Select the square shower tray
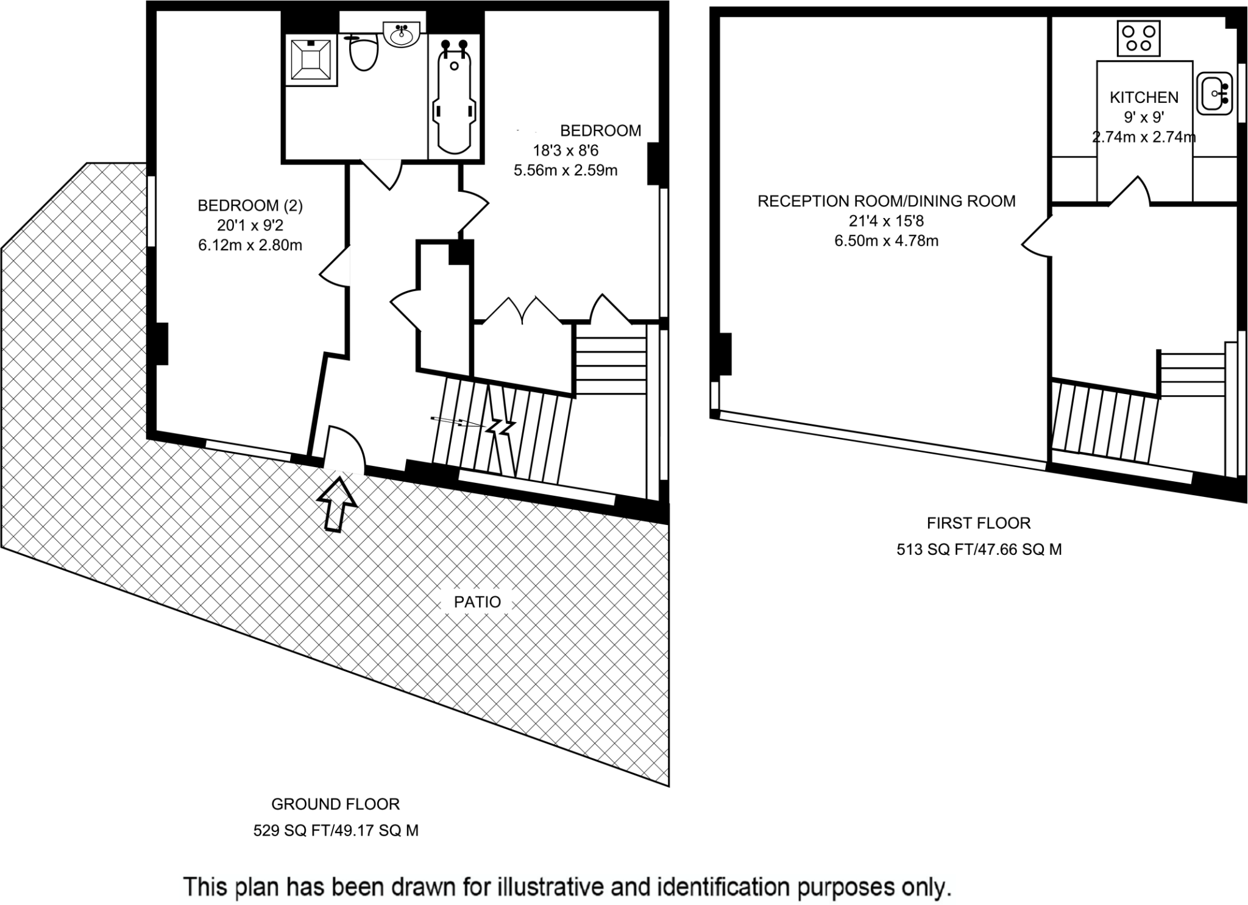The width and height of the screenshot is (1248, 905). pyautogui.click(x=311, y=60)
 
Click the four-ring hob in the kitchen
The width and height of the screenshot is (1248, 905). pyautogui.click(x=1139, y=38)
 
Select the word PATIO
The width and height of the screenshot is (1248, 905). pyautogui.click(x=477, y=602)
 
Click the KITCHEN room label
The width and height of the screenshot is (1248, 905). pyautogui.click(x=1144, y=97)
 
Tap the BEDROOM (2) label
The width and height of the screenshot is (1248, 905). pyautogui.click(x=250, y=206)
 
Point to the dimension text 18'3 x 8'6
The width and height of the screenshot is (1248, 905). pyautogui.click(x=566, y=150)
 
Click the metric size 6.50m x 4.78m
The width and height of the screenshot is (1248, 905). pyautogui.click(x=886, y=241)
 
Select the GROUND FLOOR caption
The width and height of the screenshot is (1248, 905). pyautogui.click(x=335, y=804)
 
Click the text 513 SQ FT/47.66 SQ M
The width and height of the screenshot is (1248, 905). pyautogui.click(x=979, y=549)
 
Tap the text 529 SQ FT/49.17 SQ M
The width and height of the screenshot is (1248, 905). pyautogui.click(x=336, y=830)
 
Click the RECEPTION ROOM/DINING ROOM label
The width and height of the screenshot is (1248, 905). pyautogui.click(x=887, y=201)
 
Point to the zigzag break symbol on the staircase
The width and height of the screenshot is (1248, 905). pyautogui.click(x=500, y=425)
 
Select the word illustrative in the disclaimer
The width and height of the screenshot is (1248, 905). pyautogui.click(x=542, y=886)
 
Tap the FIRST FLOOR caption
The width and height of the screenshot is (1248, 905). pyautogui.click(x=979, y=523)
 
